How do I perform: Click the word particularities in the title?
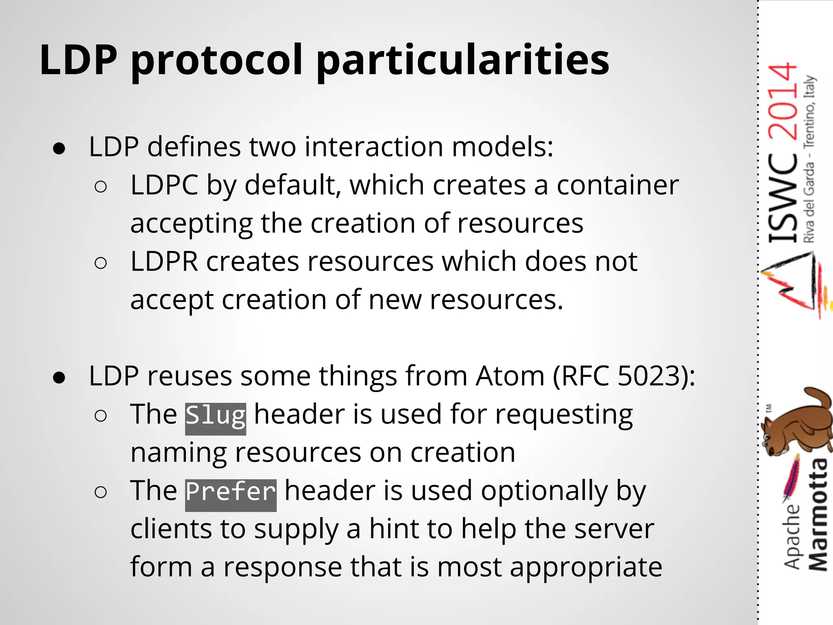[x=462, y=61]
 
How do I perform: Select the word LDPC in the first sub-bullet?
[x=164, y=185]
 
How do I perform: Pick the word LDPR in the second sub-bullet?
[x=164, y=262]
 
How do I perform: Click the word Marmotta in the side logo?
[x=818, y=515]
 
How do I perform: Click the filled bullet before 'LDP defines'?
[x=59, y=149]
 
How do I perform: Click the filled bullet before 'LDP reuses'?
[x=59, y=378]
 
